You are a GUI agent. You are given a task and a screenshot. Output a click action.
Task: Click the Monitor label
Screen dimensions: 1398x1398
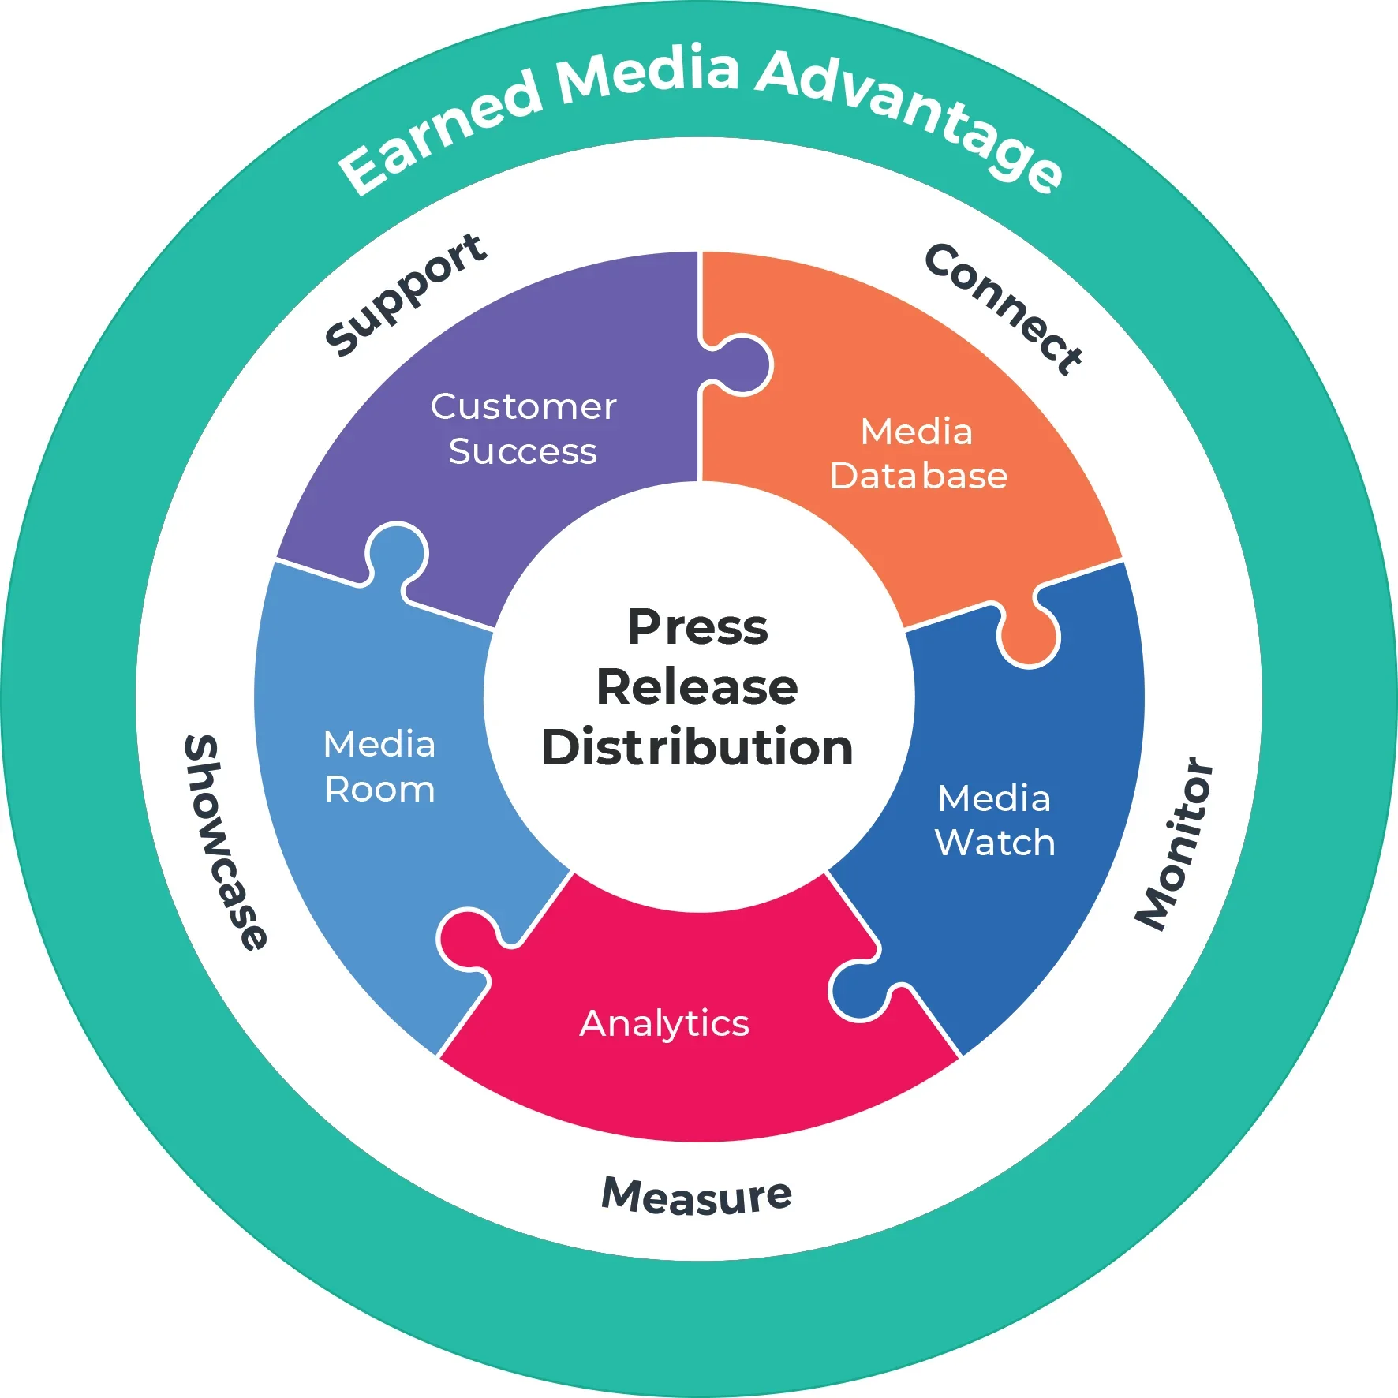(x=1175, y=844)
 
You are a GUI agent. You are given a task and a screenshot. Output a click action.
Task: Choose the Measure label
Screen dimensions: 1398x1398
(x=697, y=1196)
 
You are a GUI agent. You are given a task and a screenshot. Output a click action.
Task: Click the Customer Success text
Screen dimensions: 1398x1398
(x=523, y=428)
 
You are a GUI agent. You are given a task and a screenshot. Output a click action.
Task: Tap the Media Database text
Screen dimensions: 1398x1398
(x=918, y=454)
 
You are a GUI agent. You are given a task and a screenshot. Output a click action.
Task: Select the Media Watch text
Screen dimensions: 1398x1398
(x=995, y=820)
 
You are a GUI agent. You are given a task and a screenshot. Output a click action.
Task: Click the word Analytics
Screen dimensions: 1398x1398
(x=664, y=1023)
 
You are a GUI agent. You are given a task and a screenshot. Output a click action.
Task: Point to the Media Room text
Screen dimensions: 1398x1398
(x=379, y=767)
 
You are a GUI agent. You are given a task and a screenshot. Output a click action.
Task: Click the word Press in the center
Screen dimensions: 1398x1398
(x=697, y=627)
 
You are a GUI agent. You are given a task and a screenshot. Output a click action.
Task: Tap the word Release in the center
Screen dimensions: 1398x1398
(x=697, y=686)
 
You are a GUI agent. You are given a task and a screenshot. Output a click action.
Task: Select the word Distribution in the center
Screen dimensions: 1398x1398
(x=697, y=746)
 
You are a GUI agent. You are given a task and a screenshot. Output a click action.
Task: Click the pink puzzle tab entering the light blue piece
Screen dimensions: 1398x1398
(x=467, y=939)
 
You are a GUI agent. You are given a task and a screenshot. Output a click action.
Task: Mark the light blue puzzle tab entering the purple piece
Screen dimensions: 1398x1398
(x=397, y=551)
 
